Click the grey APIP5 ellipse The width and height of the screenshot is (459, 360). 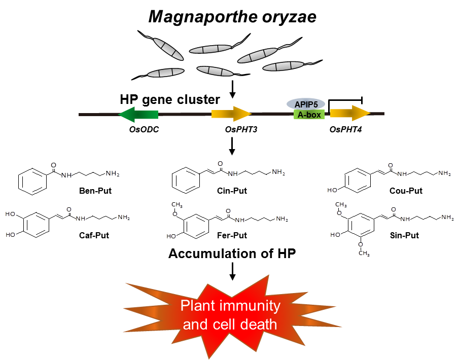point(306,104)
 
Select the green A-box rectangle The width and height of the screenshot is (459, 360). point(309,115)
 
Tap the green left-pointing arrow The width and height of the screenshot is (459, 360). point(138,115)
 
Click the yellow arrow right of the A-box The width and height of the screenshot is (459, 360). point(350,113)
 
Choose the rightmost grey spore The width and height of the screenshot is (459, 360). point(284,66)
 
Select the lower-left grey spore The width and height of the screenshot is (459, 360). point(165,73)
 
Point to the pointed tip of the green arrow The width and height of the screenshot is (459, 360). point(119,115)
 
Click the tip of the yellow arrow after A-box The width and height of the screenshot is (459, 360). point(370,113)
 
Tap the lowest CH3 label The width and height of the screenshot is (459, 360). point(364,253)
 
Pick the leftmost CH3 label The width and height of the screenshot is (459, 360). point(177,205)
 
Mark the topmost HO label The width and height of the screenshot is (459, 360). point(333,190)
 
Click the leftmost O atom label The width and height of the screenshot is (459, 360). point(53,165)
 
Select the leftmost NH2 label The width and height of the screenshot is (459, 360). point(112,173)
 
